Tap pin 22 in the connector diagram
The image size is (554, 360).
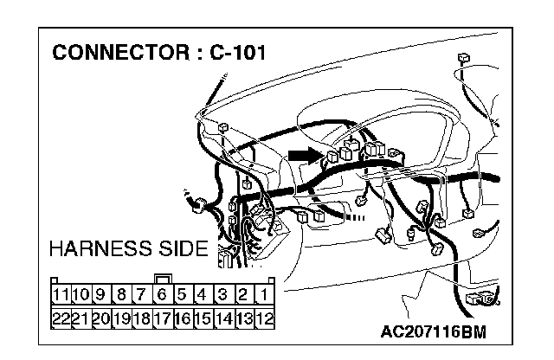point(60,318)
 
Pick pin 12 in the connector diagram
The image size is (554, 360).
point(265,318)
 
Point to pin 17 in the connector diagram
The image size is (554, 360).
point(162,318)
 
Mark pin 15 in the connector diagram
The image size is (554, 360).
point(203,318)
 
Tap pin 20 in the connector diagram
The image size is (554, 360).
point(101,318)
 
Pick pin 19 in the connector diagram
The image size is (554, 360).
point(121,318)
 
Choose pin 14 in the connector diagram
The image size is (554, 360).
point(223,318)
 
